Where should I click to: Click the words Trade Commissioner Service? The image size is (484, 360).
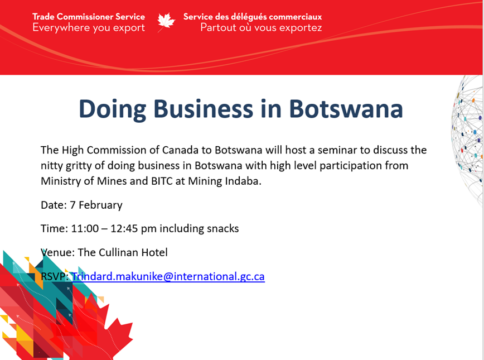click(88, 16)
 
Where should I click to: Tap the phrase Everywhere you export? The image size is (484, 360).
click(88, 28)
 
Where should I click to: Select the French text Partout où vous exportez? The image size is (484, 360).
click(261, 28)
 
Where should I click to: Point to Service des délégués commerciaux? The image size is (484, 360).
click(253, 16)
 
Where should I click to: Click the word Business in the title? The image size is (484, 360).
click(205, 108)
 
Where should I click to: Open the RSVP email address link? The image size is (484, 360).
click(168, 276)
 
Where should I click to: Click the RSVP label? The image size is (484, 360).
click(54, 276)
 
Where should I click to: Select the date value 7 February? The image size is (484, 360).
click(96, 205)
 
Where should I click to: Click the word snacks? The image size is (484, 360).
click(222, 229)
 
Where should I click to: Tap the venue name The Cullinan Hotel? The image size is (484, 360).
click(123, 252)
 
